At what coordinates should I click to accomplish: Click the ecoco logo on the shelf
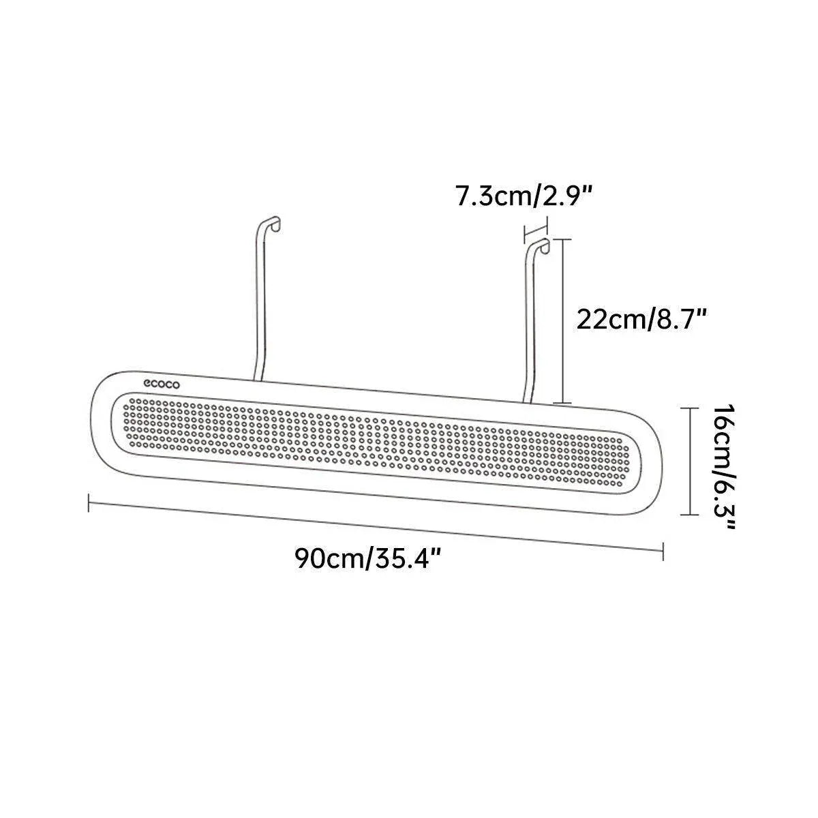162,384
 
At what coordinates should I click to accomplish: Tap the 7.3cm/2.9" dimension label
524,196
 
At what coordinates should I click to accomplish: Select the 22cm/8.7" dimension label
641,320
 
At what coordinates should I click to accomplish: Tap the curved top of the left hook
271,223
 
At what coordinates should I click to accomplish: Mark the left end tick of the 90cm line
89,503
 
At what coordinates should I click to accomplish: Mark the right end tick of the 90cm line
663,551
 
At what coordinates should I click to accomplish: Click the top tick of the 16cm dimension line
689,408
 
